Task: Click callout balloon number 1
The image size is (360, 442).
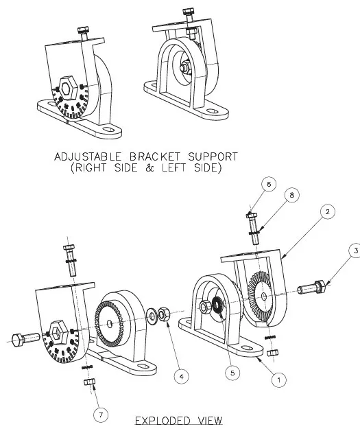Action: tap(279, 380)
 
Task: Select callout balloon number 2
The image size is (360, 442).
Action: tap(327, 211)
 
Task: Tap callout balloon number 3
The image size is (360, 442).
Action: tap(355, 251)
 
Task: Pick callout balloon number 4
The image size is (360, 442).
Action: tap(182, 376)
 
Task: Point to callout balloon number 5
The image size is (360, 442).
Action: tap(232, 373)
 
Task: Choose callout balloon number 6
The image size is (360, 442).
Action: tap(268, 184)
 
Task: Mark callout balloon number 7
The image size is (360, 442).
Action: tap(101, 415)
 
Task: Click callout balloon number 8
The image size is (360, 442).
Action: tap(291, 195)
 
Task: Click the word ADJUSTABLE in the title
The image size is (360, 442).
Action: tap(88, 156)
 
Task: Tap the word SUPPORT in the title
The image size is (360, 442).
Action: tap(213, 156)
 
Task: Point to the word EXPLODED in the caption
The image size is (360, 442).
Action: tap(163, 421)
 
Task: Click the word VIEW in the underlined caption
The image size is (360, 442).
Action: tap(210, 421)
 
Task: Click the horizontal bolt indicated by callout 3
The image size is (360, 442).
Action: tap(311, 288)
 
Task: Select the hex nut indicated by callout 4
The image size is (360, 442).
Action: tap(163, 314)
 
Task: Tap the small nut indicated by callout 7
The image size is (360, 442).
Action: tap(89, 382)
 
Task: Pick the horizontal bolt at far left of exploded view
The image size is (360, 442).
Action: tap(25, 338)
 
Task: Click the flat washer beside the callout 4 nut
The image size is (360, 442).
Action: tap(152, 316)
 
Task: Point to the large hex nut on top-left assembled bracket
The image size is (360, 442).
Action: tap(68, 88)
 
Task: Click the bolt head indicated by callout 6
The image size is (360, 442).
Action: tap(252, 216)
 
